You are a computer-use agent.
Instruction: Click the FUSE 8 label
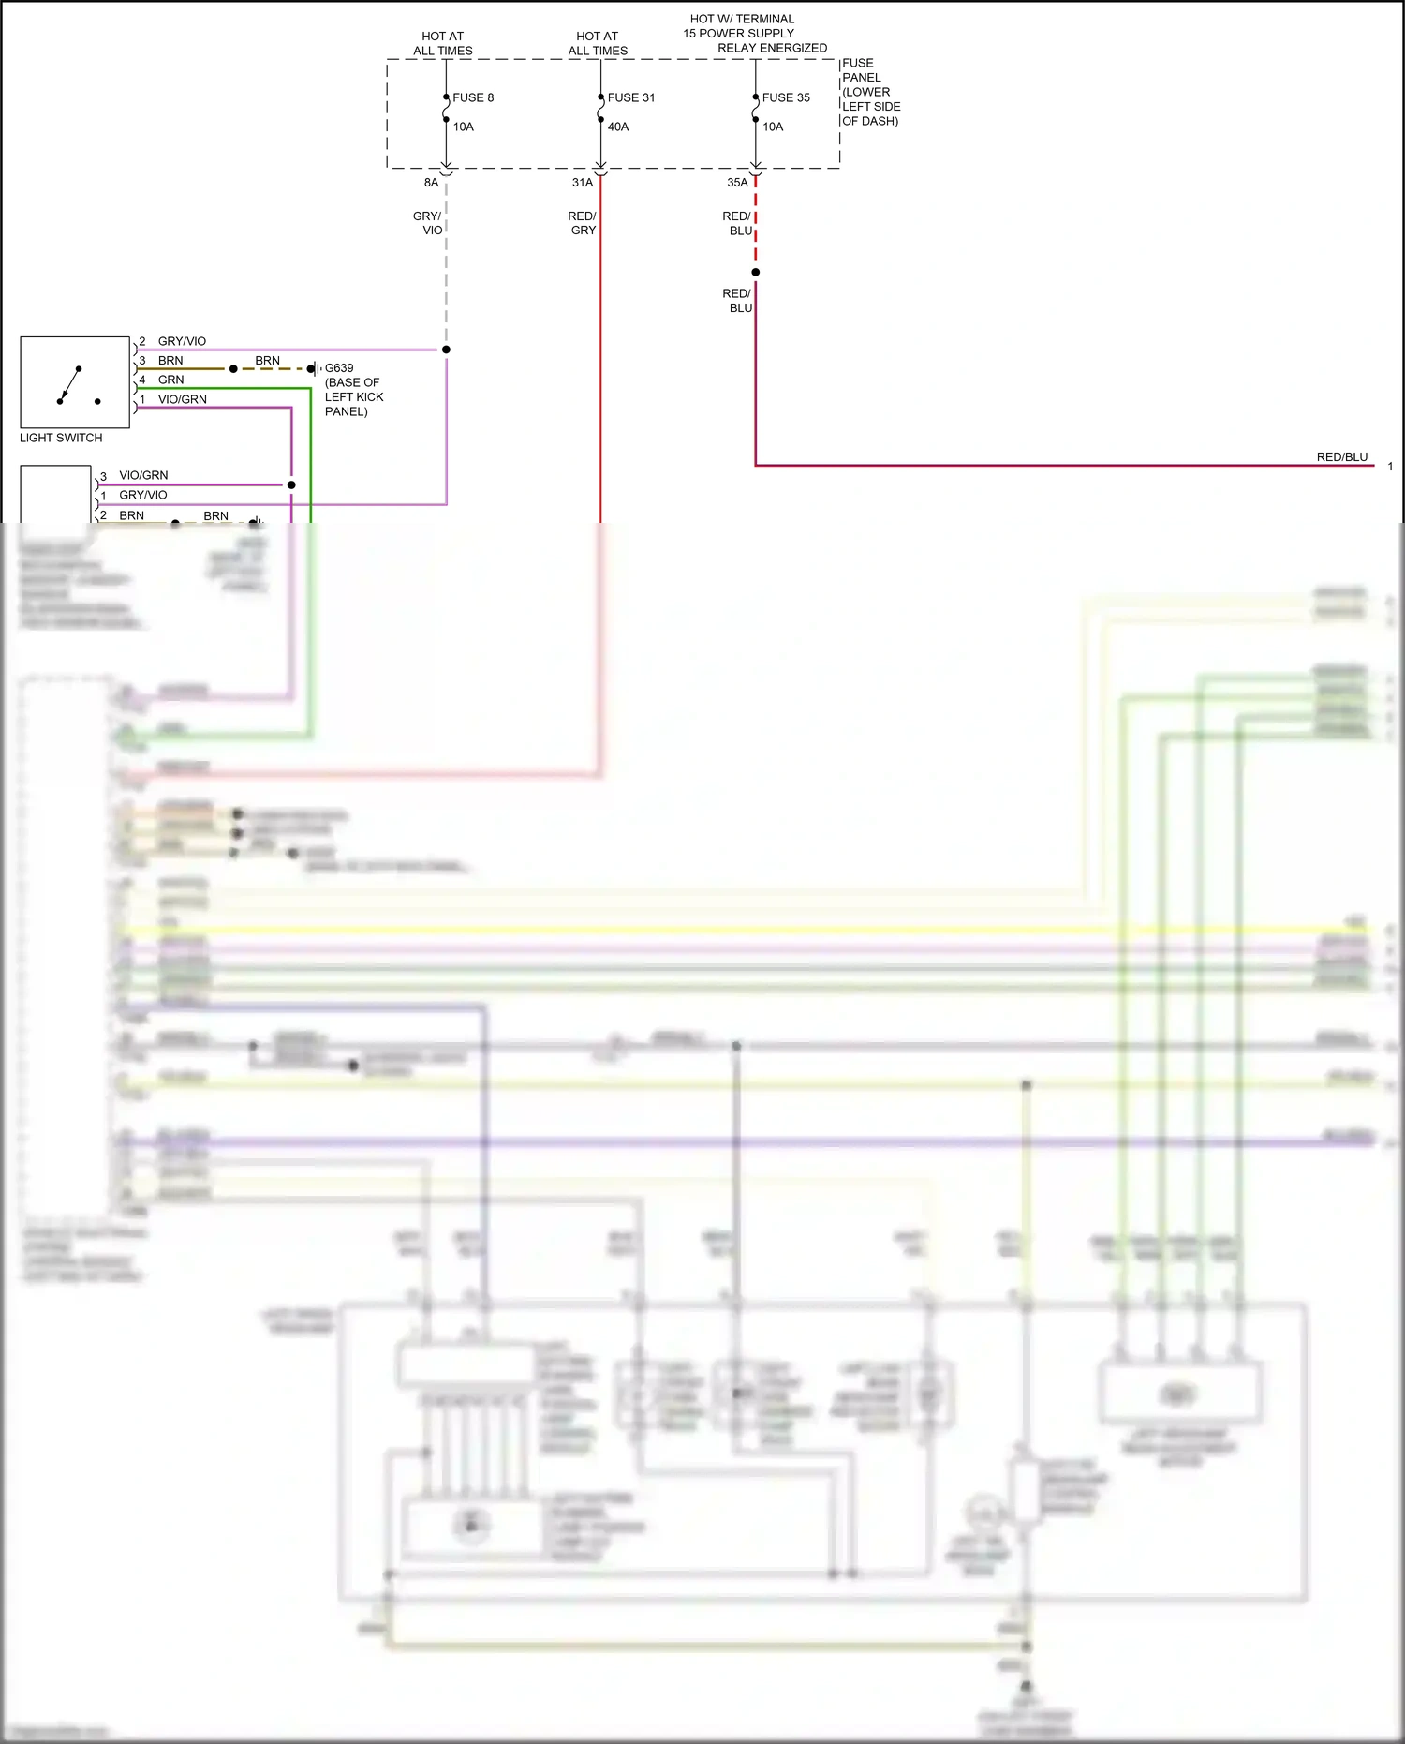pyautogui.click(x=473, y=97)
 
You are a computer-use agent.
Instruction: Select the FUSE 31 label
pyautogui.click(x=630, y=97)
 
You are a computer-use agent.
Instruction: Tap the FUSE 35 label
pyautogui.click(x=786, y=97)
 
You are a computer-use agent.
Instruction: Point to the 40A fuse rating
pyautogui.click(x=618, y=127)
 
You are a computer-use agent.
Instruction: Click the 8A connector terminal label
pyautogui.click(x=431, y=183)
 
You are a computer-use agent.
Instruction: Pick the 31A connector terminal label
pyautogui.click(x=583, y=183)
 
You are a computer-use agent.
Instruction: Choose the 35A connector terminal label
pyautogui.click(x=737, y=183)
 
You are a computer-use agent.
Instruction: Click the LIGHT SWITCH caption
pyautogui.click(x=61, y=438)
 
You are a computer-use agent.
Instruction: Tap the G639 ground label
pyautogui.click(x=339, y=368)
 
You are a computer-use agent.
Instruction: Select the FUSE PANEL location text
pyautogui.click(x=870, y=92)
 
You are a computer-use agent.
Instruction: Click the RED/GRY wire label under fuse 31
pyautogui.click(x=583, y=223)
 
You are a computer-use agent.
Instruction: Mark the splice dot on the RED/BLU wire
pyautogui.click(x=755, y=273)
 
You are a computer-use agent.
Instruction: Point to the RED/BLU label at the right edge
pyautogui.click(x=1341, y=457)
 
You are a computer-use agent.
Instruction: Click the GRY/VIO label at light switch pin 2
pyautogui.click(x=182, y=341)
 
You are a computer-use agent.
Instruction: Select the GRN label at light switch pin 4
pyautogui.click(x=170, y=380)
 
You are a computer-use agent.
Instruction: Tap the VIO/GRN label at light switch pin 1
pyautogui.click(x=182, y=399)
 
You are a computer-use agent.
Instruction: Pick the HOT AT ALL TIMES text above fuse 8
pyautogui.click(x=442, y=43)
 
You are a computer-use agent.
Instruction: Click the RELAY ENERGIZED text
pyautogui.click(x=772, y=48)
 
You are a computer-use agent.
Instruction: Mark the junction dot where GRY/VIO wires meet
pyautogui.click(x=446, y=350)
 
